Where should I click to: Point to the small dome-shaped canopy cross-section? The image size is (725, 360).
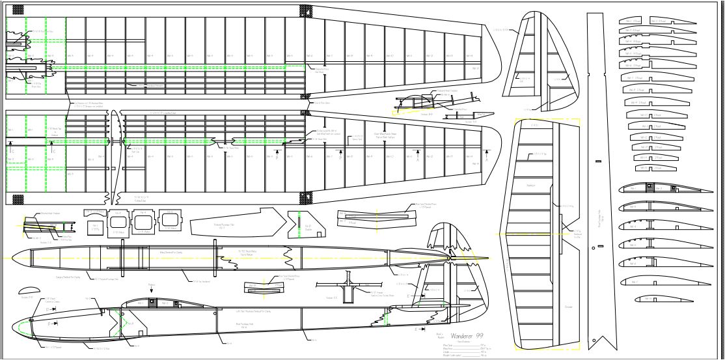coord(29,290)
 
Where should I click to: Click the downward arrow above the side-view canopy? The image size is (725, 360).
coord(152,289)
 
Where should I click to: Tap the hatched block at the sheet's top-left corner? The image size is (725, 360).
coord(14,10)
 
